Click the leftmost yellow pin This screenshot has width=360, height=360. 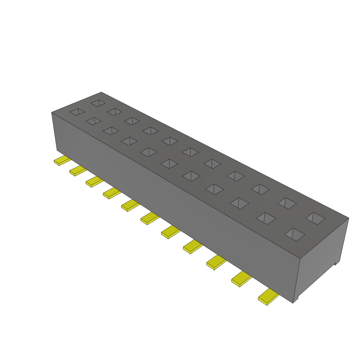point(62,161)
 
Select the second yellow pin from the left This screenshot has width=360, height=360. point(78,171)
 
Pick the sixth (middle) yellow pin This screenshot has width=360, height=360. point(149,218)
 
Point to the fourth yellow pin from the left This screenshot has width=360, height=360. point(111,193)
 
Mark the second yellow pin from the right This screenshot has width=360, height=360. point(241,279)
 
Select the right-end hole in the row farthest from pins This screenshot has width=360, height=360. point(315,218)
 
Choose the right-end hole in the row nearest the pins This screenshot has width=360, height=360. point(295,234)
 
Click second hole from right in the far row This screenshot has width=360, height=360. point(287,203)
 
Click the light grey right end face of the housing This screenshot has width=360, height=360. point(322,257)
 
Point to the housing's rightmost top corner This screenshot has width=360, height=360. point(349,218)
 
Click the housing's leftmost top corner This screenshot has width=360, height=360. point(52,112)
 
